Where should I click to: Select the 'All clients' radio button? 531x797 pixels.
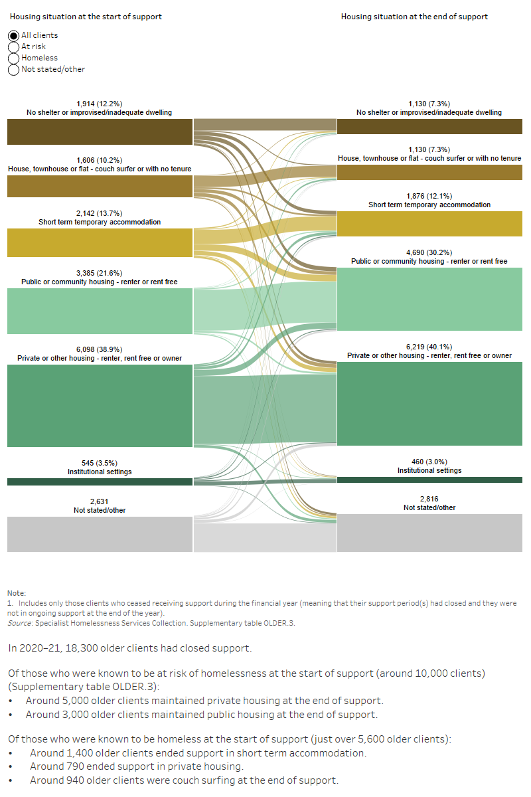tap(13, 35)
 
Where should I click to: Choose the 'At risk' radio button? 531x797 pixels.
tap(13, 46)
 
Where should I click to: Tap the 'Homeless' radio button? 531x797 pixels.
tap(13, 58)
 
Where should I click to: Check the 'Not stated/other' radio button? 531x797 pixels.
tap(13, 69)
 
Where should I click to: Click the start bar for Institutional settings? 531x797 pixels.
tap(100, 482)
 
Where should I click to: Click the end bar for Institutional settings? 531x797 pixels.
tap(429, 480)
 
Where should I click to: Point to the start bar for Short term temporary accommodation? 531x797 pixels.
tap(100, 242)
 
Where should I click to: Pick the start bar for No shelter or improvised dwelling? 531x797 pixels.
tap(100, 132)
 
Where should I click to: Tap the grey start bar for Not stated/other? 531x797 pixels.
tap(100, 534)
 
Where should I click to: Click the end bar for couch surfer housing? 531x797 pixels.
tap(429, 173)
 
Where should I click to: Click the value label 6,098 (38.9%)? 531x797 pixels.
tap(100, 349)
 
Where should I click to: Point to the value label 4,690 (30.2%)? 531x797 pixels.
tap(429, 252)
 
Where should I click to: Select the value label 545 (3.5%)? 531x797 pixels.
tap(100, 463)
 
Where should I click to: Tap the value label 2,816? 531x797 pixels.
tap(429, 499)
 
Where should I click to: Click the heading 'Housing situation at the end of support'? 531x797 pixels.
tap(414, 17)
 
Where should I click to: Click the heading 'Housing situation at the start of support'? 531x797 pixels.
tap(86, 17)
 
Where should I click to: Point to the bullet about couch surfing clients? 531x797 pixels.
tap(184, 780)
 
